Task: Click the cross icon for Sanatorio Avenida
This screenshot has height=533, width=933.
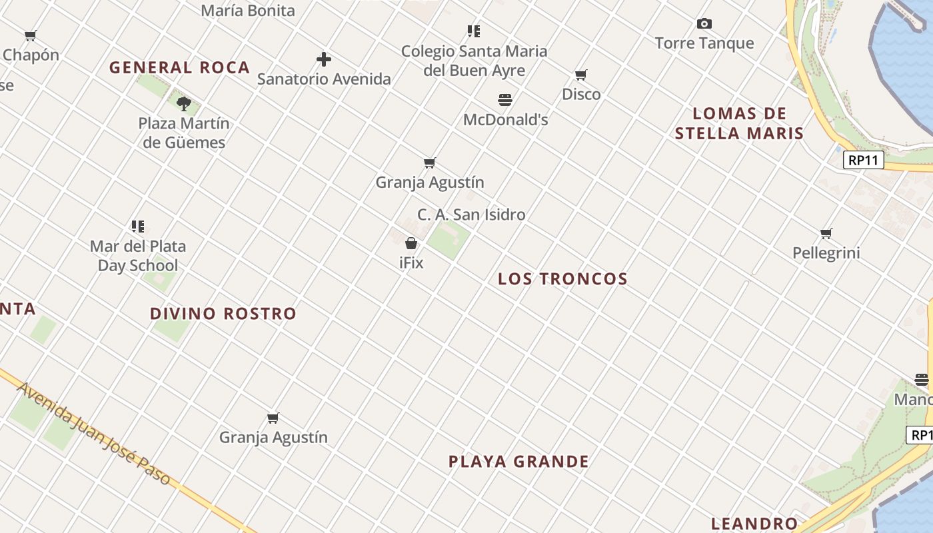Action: coord(324,59)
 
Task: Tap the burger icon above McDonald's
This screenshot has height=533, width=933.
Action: coord(505,100)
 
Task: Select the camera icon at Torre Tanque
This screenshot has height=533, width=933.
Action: coord(704,24)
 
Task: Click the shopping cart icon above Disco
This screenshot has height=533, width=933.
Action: coord(581,75)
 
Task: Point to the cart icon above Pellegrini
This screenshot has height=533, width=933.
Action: coord(826,233)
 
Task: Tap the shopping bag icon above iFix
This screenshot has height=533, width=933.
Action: coord(411,243)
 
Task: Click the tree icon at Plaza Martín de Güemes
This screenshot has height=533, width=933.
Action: coord(184,103)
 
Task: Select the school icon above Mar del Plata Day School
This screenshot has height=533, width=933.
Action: coord(138,227)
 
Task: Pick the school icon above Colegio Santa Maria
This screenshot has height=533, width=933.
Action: coord(474,31)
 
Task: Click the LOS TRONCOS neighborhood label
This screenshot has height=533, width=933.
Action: coord(563,279)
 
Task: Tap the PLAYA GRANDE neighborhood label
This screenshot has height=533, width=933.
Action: coord(518,462)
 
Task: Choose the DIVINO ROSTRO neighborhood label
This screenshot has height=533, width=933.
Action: coord(223,314)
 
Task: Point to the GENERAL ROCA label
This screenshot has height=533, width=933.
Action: coord(180,67)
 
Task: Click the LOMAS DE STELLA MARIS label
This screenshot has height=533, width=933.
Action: coord(740,123)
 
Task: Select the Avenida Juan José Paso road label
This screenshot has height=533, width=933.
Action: coord(93,433)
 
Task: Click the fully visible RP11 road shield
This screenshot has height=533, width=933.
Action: coord(863,161)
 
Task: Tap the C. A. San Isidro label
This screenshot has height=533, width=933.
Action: coord(471,215)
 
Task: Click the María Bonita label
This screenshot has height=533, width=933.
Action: coord(248,11)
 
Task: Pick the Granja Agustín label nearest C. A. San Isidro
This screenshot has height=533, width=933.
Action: coord(430,182)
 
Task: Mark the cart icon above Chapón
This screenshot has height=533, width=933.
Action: coord(31,36)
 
